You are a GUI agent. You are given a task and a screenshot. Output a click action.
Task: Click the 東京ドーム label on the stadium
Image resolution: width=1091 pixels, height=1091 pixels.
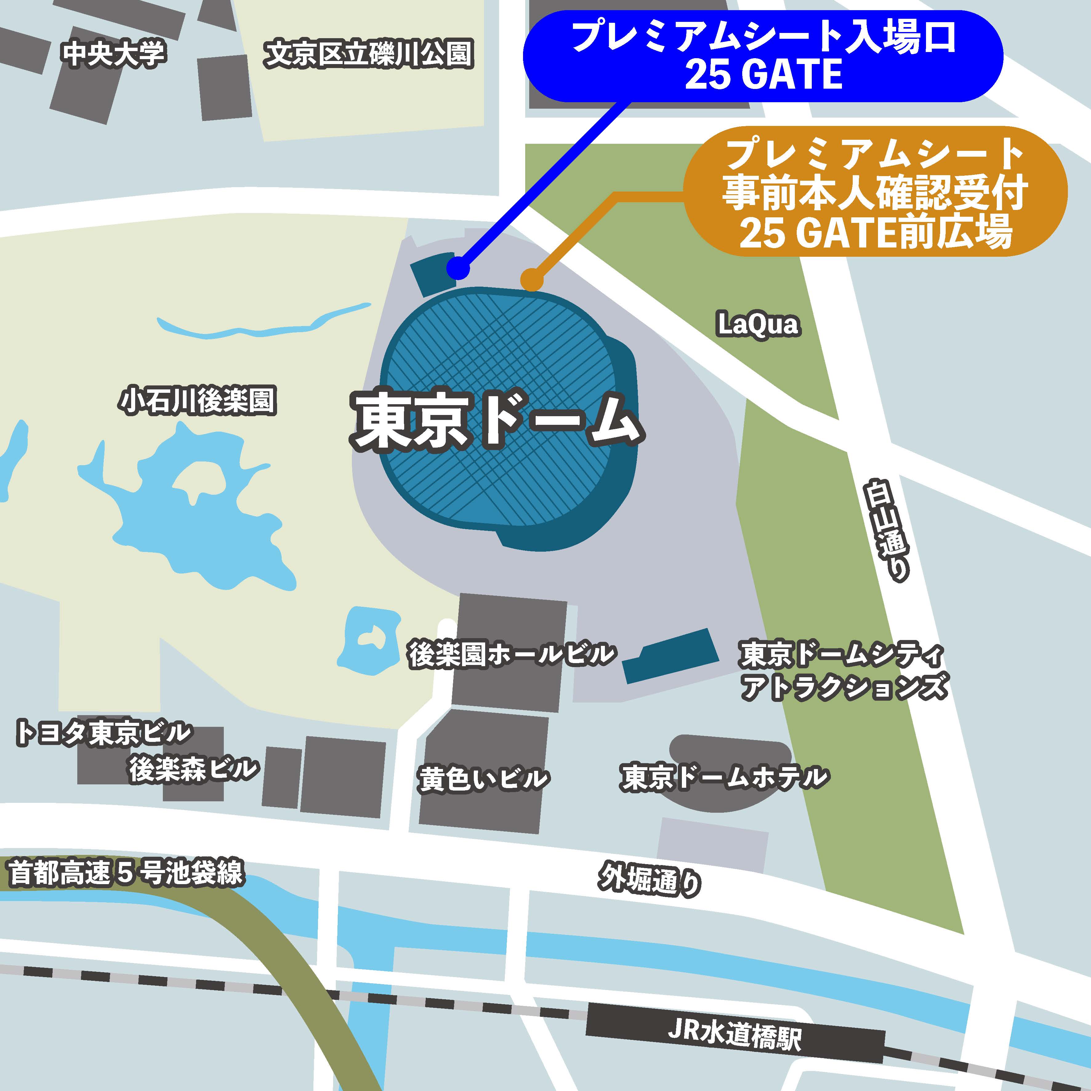(497, 421)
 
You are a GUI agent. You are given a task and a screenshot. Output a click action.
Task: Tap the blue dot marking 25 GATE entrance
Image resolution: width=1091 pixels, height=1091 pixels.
(458, 268)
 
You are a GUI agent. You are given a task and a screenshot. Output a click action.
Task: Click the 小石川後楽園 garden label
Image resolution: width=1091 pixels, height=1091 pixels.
(198, 401)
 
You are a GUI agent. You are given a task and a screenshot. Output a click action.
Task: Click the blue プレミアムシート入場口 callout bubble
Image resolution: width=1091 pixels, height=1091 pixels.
(762, 56)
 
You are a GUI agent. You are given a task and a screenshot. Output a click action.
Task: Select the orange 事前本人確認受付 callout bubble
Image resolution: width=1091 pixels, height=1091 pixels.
(875, 192)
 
